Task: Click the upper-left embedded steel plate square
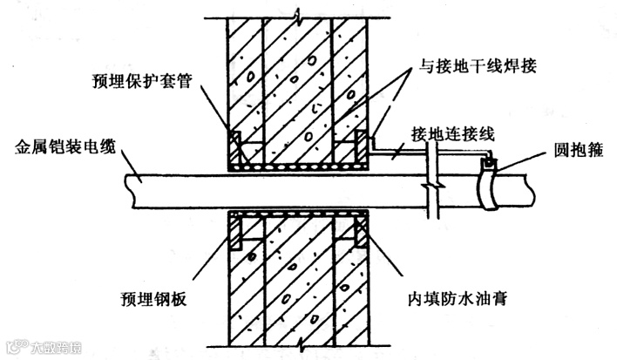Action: (x=235, y=140)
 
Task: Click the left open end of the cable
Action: (x=127, y=187)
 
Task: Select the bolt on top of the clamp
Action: (x=492, y=161)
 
